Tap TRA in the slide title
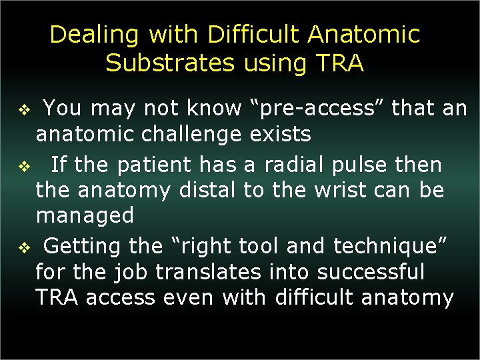click(339, 63)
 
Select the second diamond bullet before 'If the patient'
click(21, 165)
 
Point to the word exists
click(280, 135)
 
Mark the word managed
click(85, 216)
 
